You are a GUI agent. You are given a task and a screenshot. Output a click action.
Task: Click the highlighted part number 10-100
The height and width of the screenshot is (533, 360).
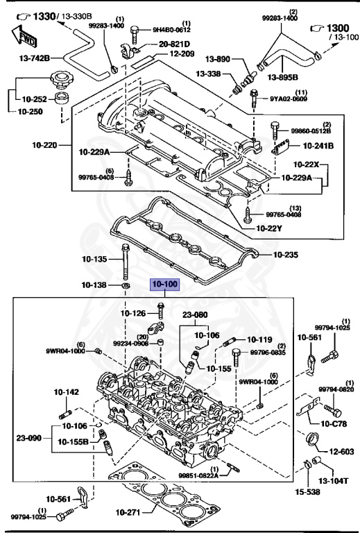point(165,285)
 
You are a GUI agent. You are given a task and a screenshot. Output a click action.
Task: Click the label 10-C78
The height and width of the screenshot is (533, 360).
point(335,423)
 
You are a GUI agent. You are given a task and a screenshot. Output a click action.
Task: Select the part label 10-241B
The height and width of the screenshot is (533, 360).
point(318,146)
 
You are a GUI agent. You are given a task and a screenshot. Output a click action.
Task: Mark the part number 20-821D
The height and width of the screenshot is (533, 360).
point(174,44)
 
